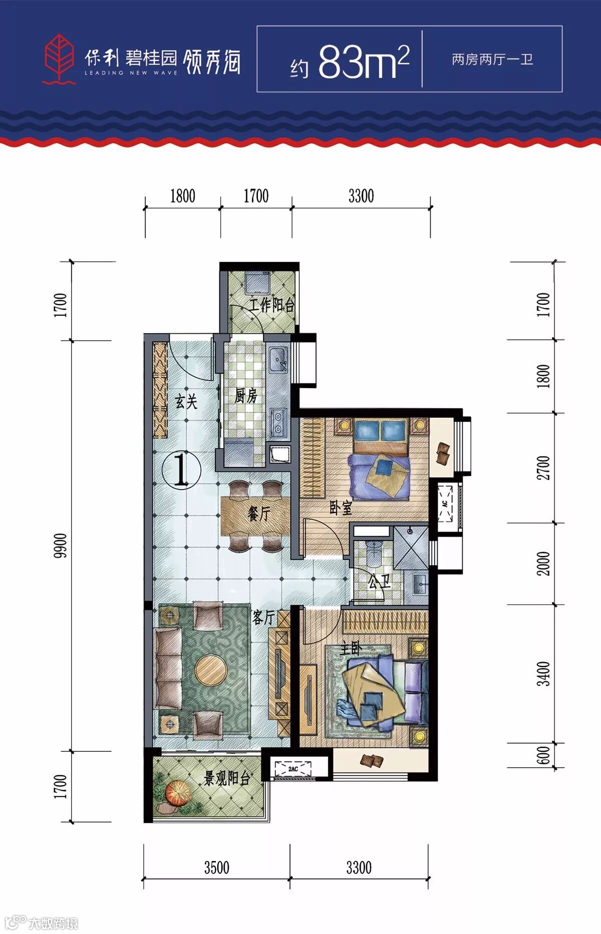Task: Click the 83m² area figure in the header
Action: (364, 62)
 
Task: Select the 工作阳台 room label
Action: (272, 305)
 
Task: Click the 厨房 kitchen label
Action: (246, 396)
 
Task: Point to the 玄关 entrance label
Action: (186, 401)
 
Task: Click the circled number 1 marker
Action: (182, 470)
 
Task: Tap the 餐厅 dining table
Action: (255, 515)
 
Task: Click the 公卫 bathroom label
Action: (379, 582)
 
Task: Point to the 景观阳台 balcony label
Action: (227, 779)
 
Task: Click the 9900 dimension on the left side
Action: (61, 546)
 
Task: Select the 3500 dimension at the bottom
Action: (216, 867)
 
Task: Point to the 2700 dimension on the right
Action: (543, 468)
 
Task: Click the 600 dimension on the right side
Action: (543, 755)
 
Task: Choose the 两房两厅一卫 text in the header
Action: (492, 60)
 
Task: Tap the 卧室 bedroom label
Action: (341, 508)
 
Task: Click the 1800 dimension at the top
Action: (183, 196)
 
